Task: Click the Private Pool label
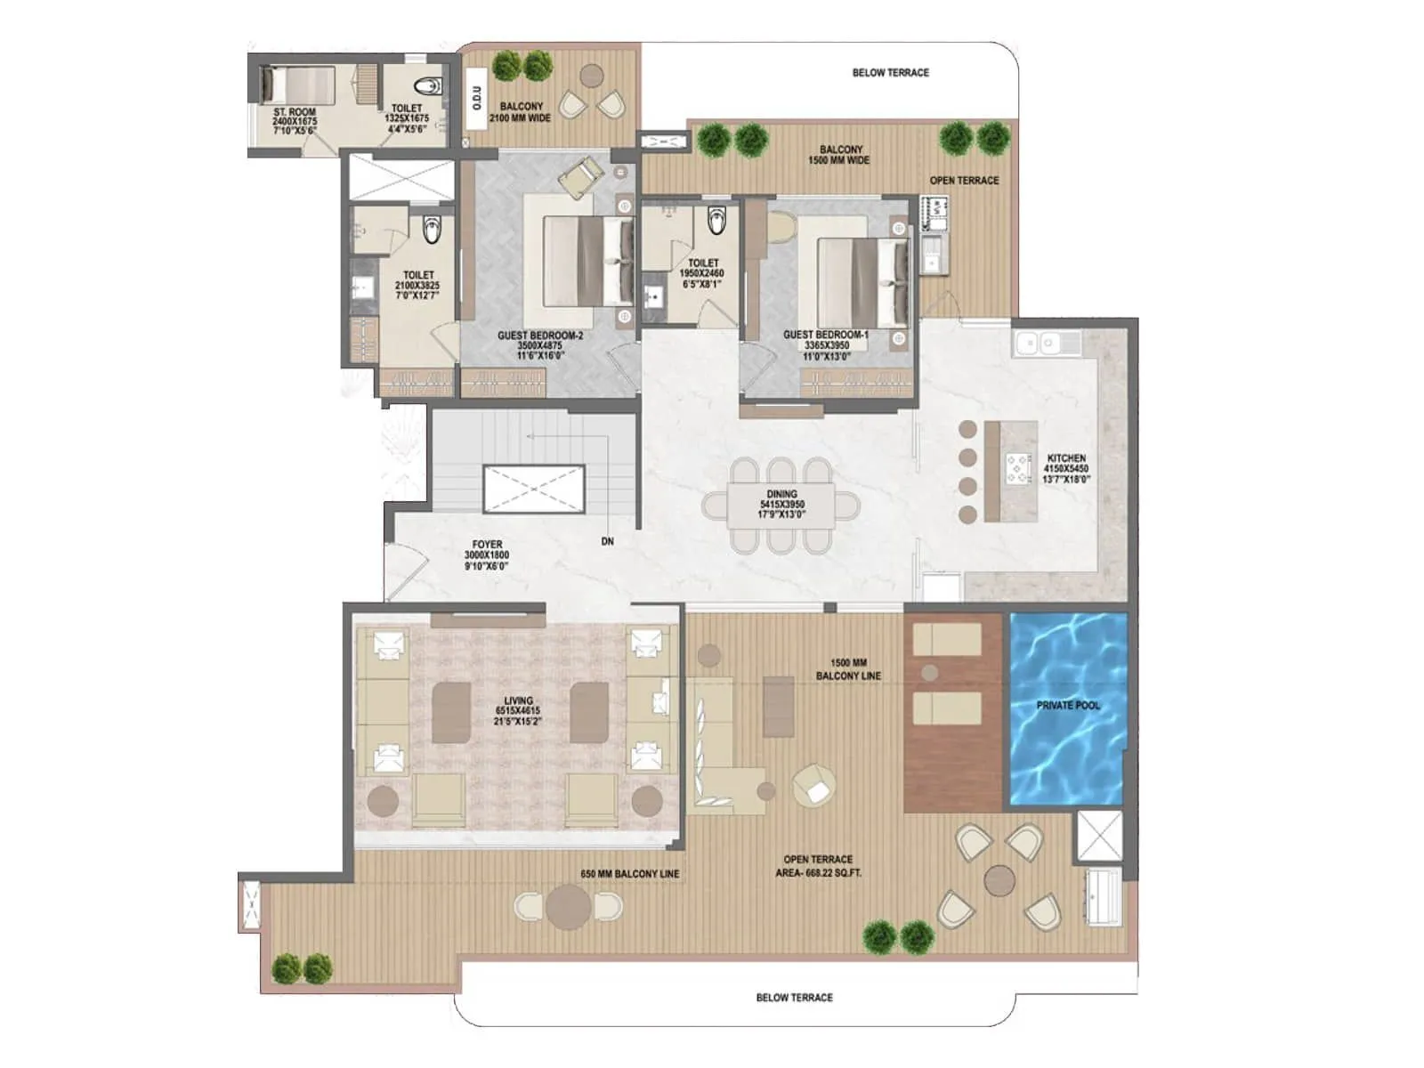click(x=1068, y=705)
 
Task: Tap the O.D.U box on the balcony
click(x=476, y=98)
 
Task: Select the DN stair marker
click(x=607, y=541)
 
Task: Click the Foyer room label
click(x=487, y=554)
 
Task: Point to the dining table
click(x=781, y=506)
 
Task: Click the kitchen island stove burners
click(x=1015, y=467)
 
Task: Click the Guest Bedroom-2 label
click(x=540, y=345)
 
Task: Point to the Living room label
click(x=518, y=711)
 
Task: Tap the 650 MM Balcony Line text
click(x=629, y=874)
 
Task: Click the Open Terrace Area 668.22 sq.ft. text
click(x=818, y=866)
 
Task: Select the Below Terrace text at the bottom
click(x=794, y=998)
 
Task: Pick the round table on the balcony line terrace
click(x=569, y=906)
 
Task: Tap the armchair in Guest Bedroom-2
click(x=580, y=175)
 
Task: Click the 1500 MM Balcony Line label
click(x=848, y=669)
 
